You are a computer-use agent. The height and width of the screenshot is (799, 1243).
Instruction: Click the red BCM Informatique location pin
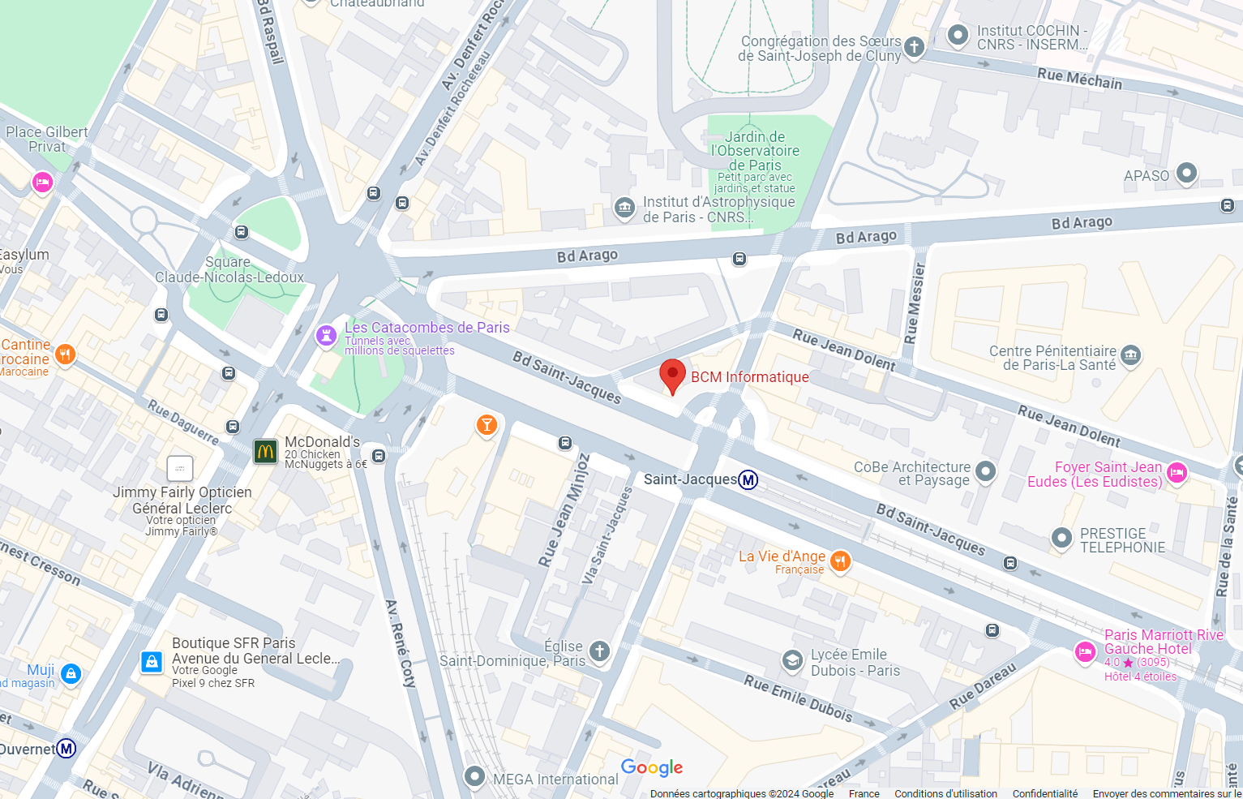[x=672, y=376]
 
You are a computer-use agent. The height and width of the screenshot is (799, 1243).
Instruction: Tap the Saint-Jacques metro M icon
[x=748, y=479]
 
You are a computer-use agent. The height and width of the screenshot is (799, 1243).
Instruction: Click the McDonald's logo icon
[x=266, y=451]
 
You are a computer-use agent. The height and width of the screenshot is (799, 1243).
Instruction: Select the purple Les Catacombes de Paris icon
[x=326, y=335]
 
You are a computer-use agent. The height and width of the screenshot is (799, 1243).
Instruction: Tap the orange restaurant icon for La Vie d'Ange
[x=841, y=561]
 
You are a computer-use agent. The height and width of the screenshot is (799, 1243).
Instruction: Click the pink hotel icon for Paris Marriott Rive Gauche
[x=1085, y=651]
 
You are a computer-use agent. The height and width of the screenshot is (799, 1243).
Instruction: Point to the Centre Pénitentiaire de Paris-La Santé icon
[x=1130, y=354]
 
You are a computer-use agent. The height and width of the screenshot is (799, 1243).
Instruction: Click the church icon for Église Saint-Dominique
[x=599, y=651]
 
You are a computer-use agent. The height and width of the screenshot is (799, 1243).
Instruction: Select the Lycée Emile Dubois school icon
[x=792, y=661]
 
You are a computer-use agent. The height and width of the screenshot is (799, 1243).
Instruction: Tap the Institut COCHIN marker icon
[x=958, y=35]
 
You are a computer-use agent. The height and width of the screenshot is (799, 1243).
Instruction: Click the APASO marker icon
[x=1186, y=173]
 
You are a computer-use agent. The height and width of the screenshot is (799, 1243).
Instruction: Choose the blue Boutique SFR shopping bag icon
[x=152, y=662]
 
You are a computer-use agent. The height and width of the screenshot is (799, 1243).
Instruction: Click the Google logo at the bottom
[x=652, y=767]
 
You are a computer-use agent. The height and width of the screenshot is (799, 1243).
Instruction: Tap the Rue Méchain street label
[x=1079, y=79]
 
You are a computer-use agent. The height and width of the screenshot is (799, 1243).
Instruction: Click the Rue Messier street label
[x=915, y=303]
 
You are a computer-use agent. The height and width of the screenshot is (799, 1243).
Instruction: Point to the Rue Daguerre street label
[x=182, y=422]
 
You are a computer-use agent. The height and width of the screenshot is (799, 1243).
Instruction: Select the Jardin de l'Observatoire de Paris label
[x=755, y=151]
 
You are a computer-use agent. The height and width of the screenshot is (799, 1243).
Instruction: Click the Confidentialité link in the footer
[x=1045, y=793]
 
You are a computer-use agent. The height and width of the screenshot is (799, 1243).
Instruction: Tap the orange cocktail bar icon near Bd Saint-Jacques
[x=486, y=424]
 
